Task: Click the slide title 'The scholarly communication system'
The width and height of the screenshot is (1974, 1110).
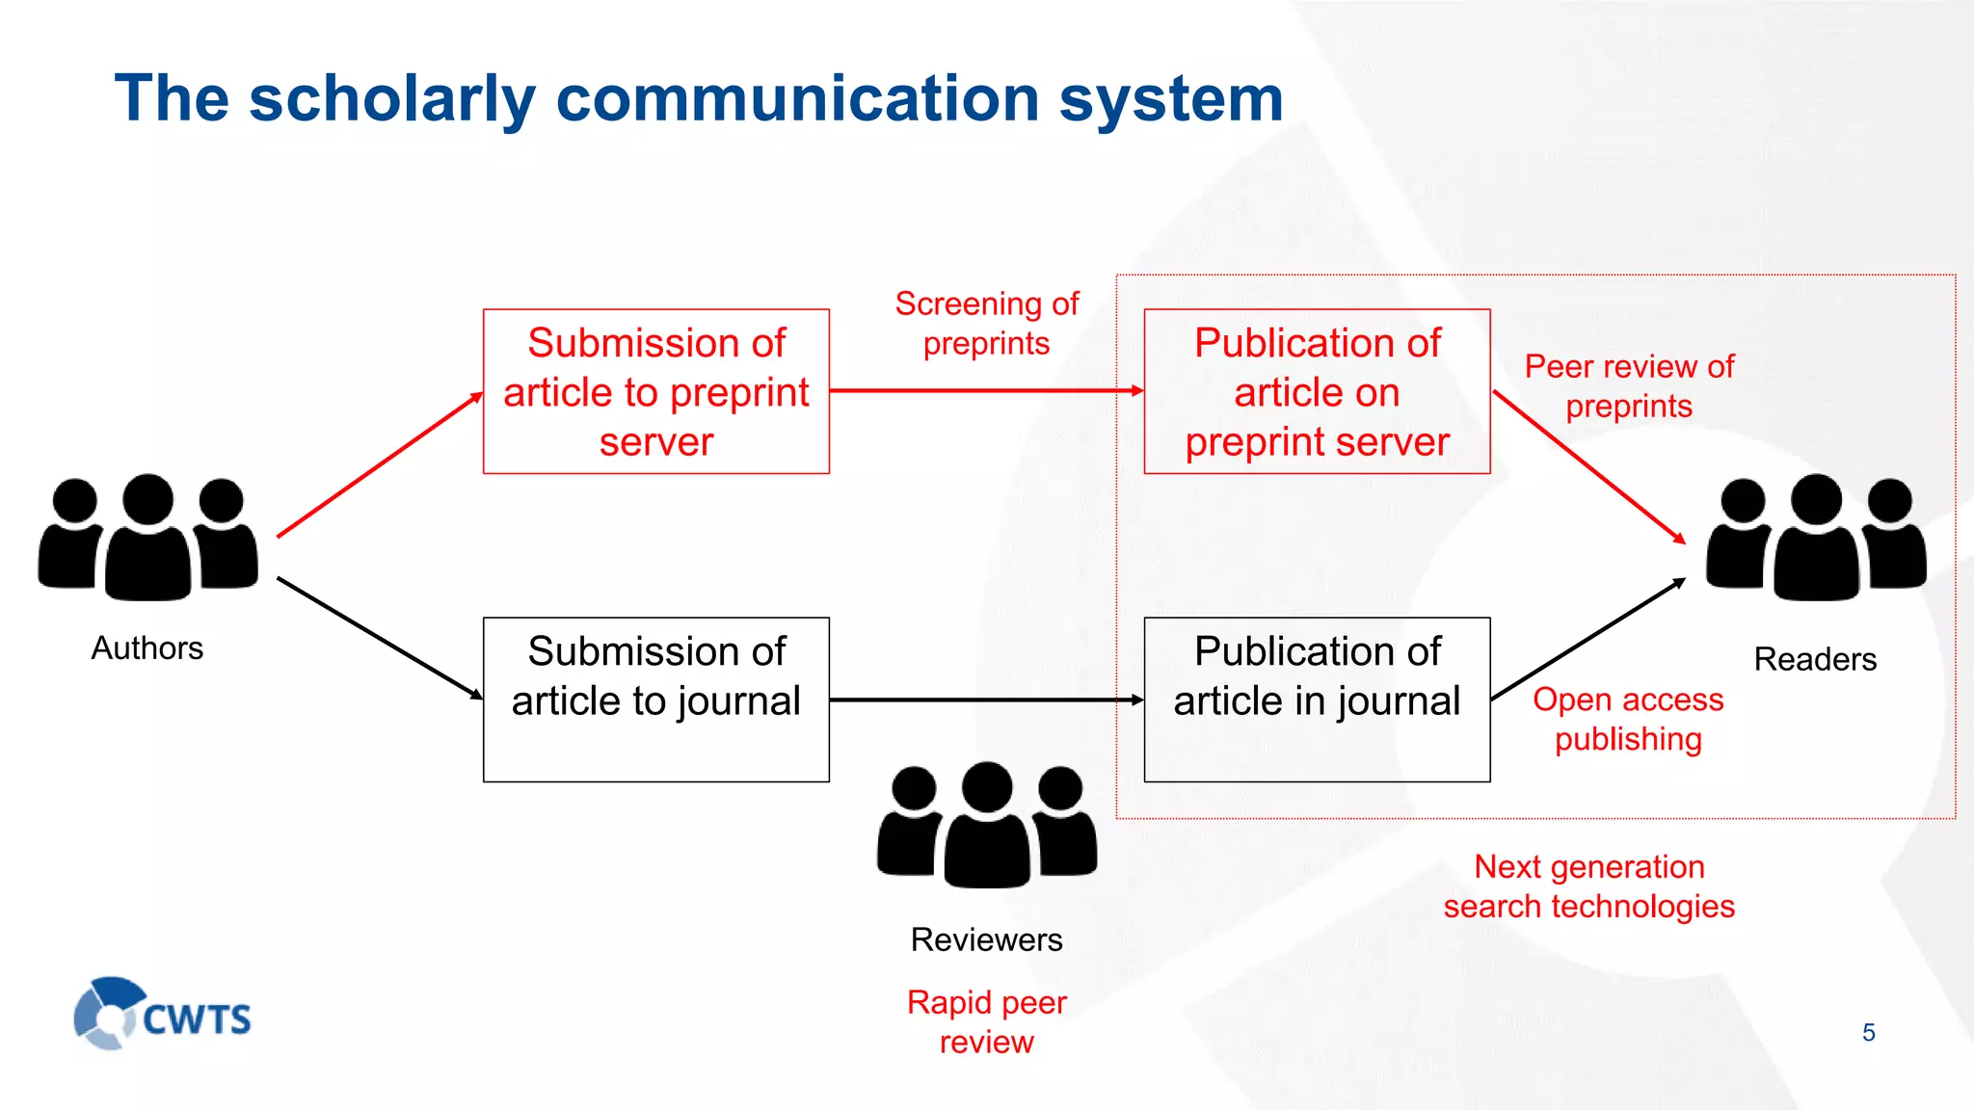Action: point(699,98)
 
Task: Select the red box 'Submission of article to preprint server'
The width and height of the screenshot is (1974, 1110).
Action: point(655,391)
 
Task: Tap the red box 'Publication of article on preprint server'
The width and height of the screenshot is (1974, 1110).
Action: point(1317,391)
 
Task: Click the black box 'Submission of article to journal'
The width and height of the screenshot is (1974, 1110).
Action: point(655,699)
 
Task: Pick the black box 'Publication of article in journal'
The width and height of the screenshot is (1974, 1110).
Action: point(1317,699)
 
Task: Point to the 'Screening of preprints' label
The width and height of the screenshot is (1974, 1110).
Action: point(986,324)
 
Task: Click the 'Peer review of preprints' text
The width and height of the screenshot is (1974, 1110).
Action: point(1629,386)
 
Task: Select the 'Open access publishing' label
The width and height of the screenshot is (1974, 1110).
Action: point(1628,719)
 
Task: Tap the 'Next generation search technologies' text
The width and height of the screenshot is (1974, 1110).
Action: point(1589,886)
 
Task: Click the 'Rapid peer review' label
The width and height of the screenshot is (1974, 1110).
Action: point(986,1021)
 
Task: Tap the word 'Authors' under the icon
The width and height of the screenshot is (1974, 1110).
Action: point(147,648)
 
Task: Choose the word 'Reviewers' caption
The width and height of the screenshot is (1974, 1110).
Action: point(986,939)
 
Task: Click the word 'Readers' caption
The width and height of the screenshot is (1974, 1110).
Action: point(1815,659)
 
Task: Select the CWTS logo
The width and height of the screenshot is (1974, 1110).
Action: point(163,1014)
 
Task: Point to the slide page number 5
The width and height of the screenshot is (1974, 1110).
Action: point(1868,1033)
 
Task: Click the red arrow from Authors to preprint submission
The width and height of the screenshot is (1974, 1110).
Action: point(380,464)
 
